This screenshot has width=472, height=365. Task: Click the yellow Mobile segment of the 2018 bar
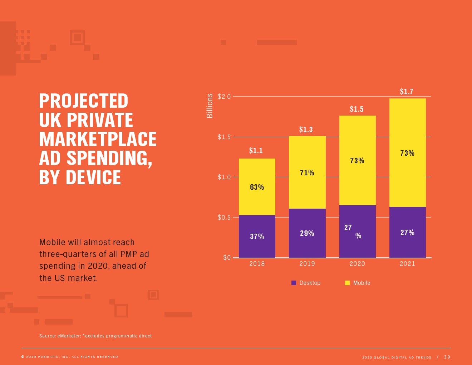click(257, 200)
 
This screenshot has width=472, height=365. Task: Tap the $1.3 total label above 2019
click(306, 130)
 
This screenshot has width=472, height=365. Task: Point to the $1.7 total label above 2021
click(407, 92)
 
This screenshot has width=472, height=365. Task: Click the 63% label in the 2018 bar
click(257, 187)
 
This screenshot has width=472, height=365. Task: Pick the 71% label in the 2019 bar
click(307, 173)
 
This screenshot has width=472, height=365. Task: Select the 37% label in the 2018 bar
click(257, 237)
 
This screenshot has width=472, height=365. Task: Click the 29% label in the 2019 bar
click(307, 233)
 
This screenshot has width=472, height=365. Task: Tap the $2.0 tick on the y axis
click(224, 97)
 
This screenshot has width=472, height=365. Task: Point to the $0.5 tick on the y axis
click(224, 218)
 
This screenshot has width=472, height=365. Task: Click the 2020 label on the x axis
click(357, 264)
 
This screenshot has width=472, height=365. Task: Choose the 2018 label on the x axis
click(257, 264)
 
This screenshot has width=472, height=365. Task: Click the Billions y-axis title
click(210, 106)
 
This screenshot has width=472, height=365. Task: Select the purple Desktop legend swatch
click(294, 283)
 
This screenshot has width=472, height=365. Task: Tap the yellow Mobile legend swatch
click(347, 283)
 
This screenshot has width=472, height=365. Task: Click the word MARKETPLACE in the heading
click(98, 139)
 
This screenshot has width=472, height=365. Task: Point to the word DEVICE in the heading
click(93, 177)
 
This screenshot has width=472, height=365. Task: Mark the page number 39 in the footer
click(447, 357)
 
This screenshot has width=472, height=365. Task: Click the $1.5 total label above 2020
click(357, 109)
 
